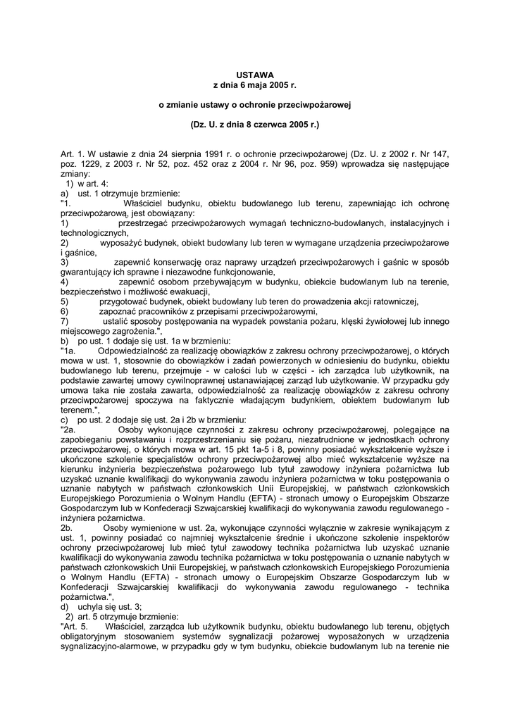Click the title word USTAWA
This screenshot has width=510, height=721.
point(254,74)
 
